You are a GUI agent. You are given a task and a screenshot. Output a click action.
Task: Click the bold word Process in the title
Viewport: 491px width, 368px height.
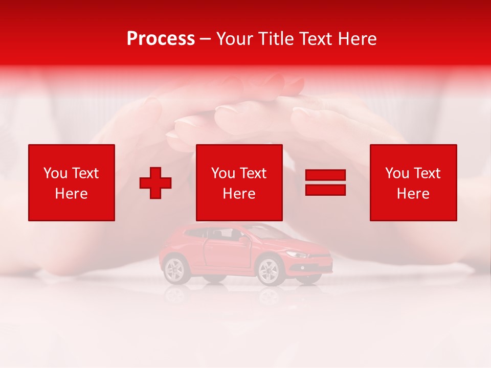[x=161, y=39]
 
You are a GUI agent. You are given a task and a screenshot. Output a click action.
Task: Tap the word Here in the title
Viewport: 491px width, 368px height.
[x=356, y=39]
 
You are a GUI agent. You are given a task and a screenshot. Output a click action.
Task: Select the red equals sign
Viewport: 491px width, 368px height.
[x=325, y=182]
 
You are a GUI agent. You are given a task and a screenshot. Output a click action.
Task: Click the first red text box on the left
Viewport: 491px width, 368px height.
[x=72, y=182]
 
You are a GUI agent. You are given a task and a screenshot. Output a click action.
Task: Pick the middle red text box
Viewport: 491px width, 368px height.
[x=239, y=182]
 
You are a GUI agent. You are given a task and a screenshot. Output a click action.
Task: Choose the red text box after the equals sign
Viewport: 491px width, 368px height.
[x=413, y=182]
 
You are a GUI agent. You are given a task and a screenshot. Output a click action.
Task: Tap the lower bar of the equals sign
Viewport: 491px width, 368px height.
[x=325, y=190]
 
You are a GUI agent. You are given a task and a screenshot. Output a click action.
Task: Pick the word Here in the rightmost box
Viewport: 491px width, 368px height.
[x=413, y=194]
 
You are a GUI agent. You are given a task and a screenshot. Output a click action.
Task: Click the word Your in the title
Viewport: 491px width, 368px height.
[x=234, y=39]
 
